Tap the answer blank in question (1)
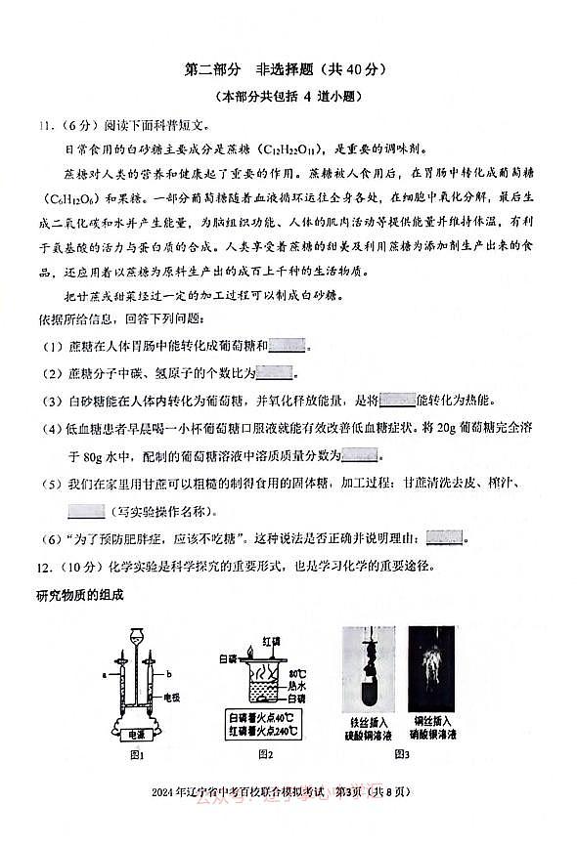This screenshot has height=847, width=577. pos(287,346)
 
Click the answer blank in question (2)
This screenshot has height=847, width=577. pos(274,372)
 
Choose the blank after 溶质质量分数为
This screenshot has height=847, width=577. pos(360,455)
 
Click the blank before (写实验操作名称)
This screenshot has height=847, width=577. pos(87,510)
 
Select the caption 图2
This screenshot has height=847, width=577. pos(264,755)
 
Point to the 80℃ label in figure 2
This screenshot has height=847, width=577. pos(298,673)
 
